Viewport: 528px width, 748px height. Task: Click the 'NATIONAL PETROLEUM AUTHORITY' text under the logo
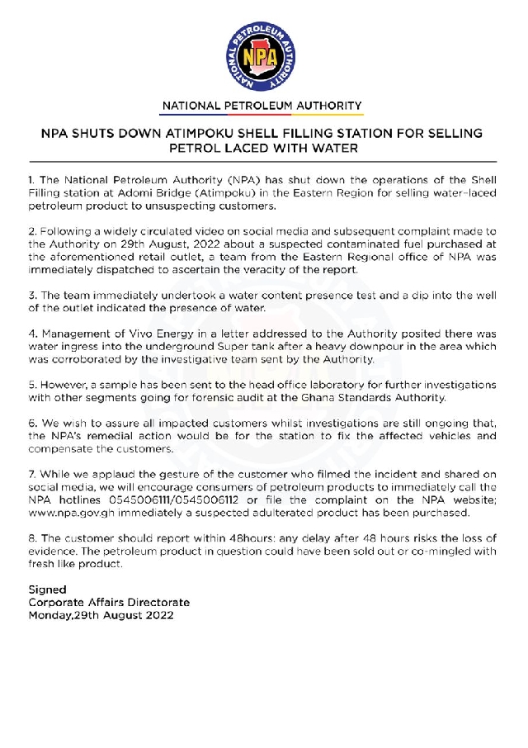(x=262, y=106)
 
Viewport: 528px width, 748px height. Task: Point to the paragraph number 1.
(x=31, y=179)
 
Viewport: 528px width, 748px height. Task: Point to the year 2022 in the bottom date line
(x=157, y=615)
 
